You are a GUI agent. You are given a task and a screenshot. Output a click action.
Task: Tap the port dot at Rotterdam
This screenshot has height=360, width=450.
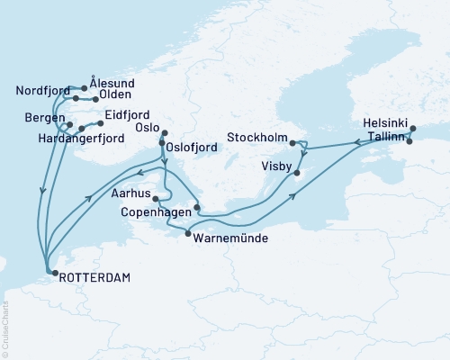[50, 269]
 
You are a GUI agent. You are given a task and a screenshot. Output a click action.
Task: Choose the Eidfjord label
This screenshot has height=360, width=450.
[125, 116]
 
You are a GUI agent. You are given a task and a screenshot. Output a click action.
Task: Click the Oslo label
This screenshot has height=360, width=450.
[148, 128]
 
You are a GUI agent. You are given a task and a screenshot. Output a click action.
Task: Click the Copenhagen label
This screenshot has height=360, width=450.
[155, 211]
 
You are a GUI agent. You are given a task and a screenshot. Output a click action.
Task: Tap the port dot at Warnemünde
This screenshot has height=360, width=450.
[187, 234]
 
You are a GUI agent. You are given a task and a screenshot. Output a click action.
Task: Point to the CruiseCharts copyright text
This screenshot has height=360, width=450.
[5, 324]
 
